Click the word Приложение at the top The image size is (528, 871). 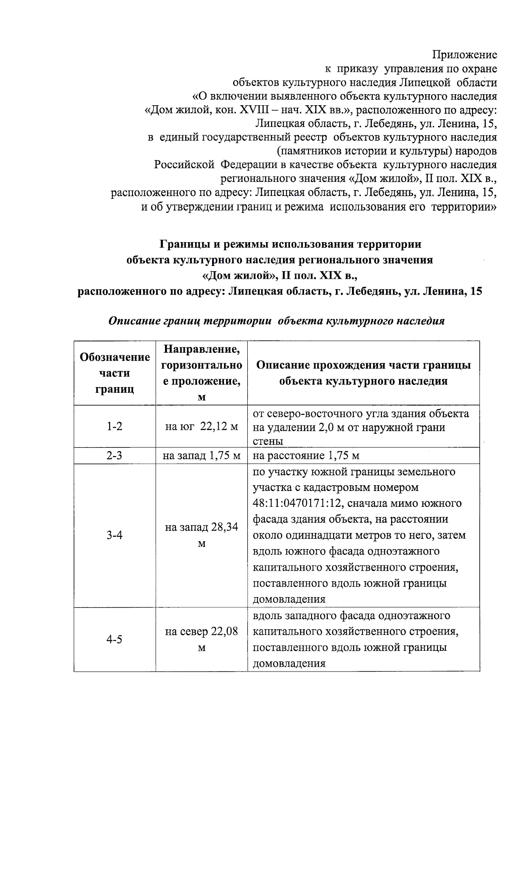pyautogui.click(x=465, y=55)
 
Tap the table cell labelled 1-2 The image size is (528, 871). pyautogui.click(x=114, y=427)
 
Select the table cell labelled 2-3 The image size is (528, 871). pyautogui.click(x=114, y=456)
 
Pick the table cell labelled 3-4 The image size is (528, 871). pyautogui.click(x=114, y=535)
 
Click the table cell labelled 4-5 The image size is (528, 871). pyautogui.click(x=114, y=639)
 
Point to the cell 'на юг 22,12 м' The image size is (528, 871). pyautogui.click(x=202, y=427)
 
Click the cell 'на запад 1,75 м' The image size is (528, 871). pyautogui.click(x=202, y=456)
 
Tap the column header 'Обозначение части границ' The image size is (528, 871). pyautogui.click(x=114, y=373)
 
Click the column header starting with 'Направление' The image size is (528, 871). pyautogui.click(x=202, y=373)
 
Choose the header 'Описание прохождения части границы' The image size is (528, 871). pyautogui.click(x=363, y=373)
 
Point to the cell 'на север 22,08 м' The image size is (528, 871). pyautogui.click(x=202, y=639)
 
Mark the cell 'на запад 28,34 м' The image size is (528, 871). pyautogui.click(x=202, y=535)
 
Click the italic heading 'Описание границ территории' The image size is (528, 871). pyautogui.click(x=276, y=321)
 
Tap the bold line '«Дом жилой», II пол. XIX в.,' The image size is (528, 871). pyautogui.click(x=279, y=276)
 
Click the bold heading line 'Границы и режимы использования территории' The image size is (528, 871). pyautogui.click(x=290, y=244)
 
